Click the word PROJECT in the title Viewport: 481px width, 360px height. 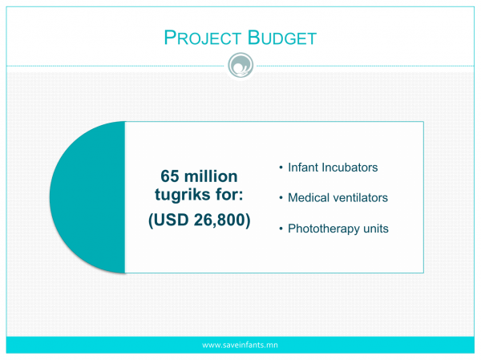[x=202, y=38]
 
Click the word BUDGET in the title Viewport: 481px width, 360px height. [x=282, y=38]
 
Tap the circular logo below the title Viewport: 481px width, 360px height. [x=240, y=66]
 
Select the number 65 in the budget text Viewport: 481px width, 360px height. [x=170, y=176]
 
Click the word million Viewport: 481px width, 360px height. [x=211, y=176]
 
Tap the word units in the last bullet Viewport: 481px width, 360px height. [x=376, y=229]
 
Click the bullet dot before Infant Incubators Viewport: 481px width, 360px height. [x=281, y=168]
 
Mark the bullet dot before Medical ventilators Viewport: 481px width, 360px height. [x=281, y=198]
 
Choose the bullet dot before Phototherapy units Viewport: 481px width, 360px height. [x=281, y=229]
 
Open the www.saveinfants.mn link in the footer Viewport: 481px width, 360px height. [x=240, y=345]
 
